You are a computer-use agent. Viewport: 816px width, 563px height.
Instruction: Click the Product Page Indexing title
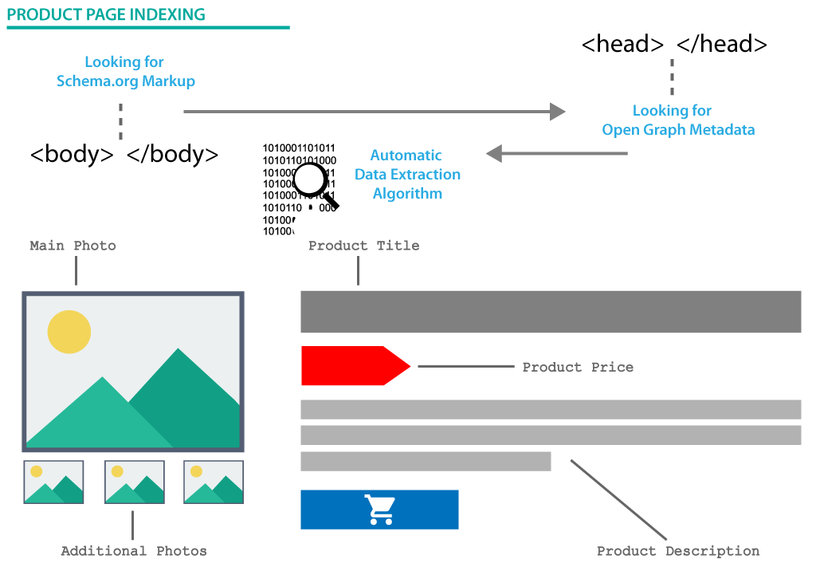(106, 15)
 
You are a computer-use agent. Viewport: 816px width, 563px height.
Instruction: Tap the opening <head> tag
(622, 44)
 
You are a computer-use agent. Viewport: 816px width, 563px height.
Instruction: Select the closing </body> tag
(172, 154)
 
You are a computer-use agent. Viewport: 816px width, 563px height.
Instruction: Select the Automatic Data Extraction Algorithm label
(407, 175)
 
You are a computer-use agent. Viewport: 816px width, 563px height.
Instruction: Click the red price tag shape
(351, 366)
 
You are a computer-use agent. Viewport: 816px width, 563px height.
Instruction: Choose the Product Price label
(578, 368)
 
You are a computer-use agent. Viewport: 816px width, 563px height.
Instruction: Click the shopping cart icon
(379, 510)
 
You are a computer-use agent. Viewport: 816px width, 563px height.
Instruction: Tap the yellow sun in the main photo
(69, 332)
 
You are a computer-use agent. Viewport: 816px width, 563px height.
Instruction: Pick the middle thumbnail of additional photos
(134, 482)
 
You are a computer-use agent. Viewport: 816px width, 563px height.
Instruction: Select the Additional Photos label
(134, 551)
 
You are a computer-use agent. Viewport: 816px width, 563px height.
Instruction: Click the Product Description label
(678, 551)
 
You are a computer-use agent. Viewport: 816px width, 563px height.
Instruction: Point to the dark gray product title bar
(550, 312)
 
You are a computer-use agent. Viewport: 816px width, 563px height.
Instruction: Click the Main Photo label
(73, 246)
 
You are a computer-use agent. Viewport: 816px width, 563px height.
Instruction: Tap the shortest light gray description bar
(426, 462)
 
